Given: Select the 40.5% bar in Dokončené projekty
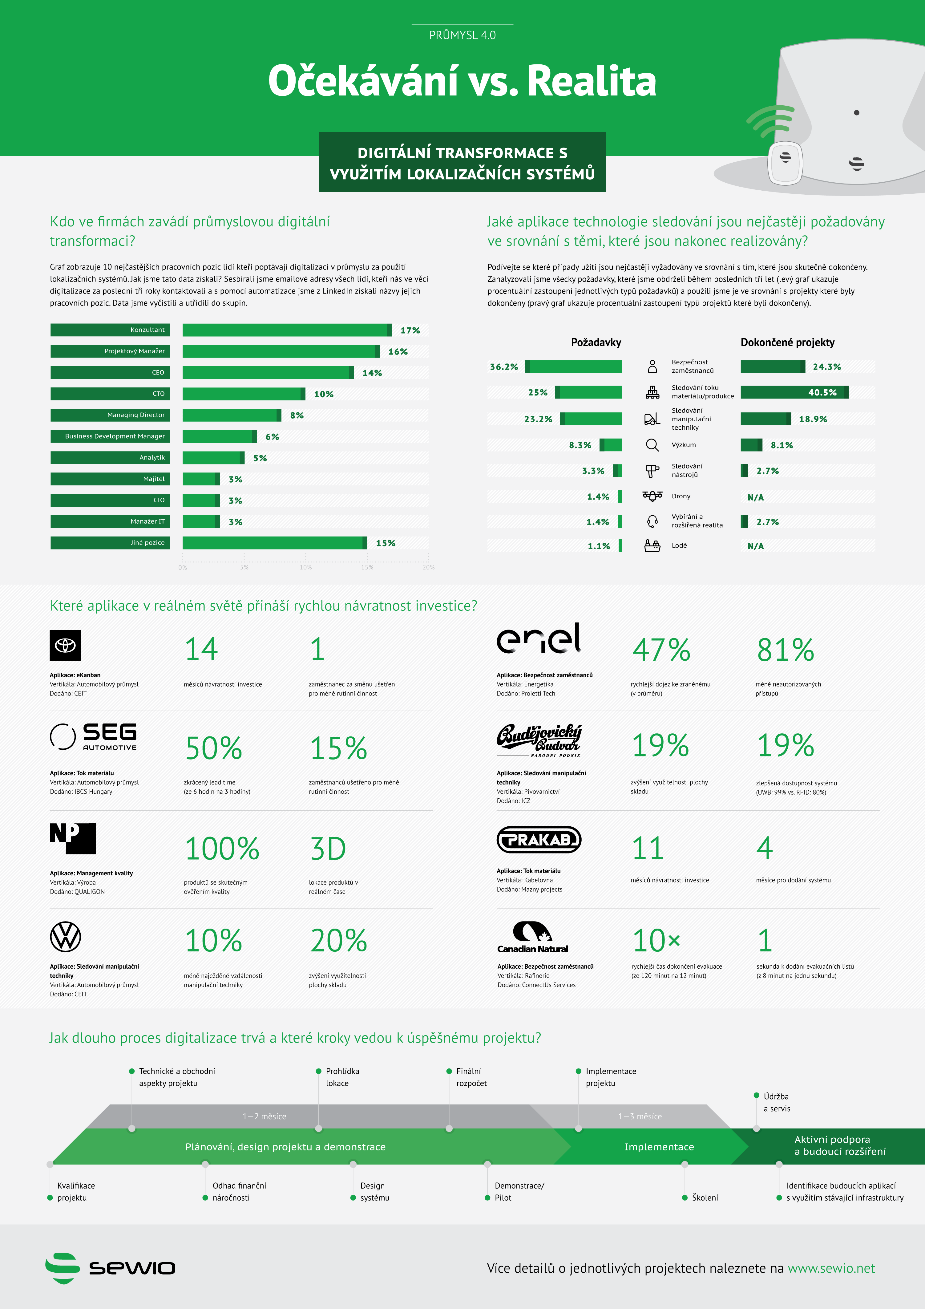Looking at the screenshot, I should coord(794,392).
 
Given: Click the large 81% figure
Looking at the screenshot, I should coord(786,650).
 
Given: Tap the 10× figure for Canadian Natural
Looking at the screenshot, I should coord(656,941).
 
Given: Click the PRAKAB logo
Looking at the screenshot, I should coord(539,840).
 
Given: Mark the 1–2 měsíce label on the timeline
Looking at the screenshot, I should coord(265,1116).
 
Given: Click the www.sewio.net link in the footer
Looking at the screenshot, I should coord(831,1269).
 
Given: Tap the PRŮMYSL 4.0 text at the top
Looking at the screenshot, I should coord(462,35).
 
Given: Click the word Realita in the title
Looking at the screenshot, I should coord(592,81).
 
